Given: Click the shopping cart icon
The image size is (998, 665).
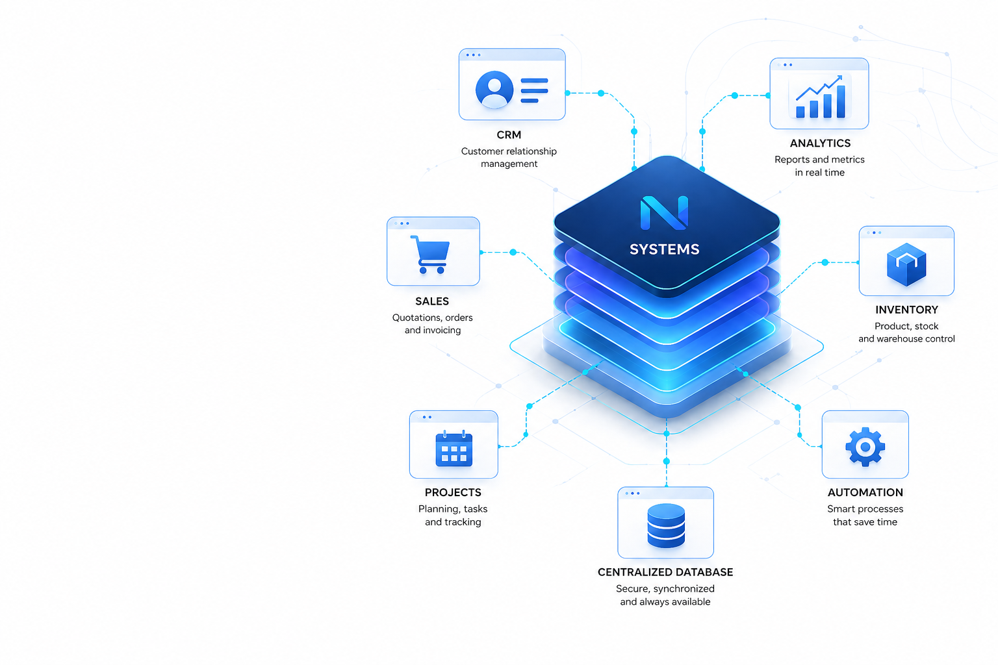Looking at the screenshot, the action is tap(430, 254).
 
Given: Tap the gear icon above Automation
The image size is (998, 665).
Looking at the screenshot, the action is tap(865, 447).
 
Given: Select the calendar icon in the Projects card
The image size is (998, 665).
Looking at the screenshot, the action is tap(454, 449).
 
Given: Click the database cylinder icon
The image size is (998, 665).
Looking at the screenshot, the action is tap(665, 525).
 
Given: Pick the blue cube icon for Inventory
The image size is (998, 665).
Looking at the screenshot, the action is tap(906, 264).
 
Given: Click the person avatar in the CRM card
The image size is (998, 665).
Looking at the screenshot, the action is tap(494, 90).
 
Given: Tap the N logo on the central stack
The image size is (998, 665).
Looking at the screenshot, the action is tap(664, 213).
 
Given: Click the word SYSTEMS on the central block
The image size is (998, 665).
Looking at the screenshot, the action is tap(664, 249).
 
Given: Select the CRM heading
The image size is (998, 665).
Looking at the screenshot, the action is tap(509, 134).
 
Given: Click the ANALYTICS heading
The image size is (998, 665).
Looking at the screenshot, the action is tap(820, 143).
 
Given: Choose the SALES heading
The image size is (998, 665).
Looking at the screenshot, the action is tap(431, 301).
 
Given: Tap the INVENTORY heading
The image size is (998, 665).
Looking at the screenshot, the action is tap(906, 310).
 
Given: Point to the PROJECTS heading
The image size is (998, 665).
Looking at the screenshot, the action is tap(453, 492).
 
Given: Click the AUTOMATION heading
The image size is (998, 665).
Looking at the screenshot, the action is tap(865, 492).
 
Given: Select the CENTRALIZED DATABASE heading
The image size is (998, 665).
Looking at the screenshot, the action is tap(665, 572).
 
